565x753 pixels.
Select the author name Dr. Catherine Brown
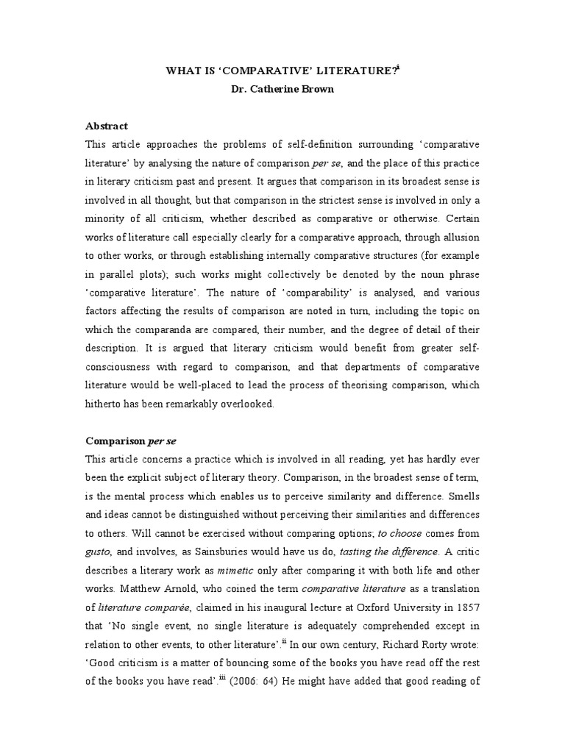[x=282, y=89]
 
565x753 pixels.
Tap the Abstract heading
[x=107, y=126]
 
